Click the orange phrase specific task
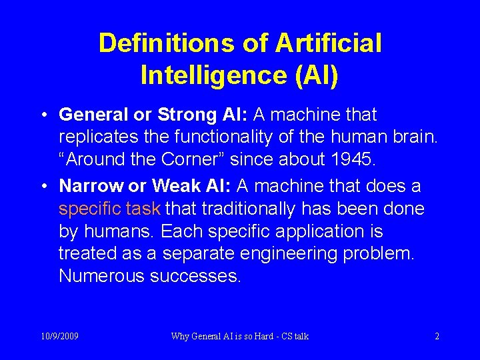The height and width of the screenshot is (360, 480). pyautogui.click(x=109, y=209)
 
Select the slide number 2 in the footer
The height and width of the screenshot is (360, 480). pyautogui.click(x=437, y=336)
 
